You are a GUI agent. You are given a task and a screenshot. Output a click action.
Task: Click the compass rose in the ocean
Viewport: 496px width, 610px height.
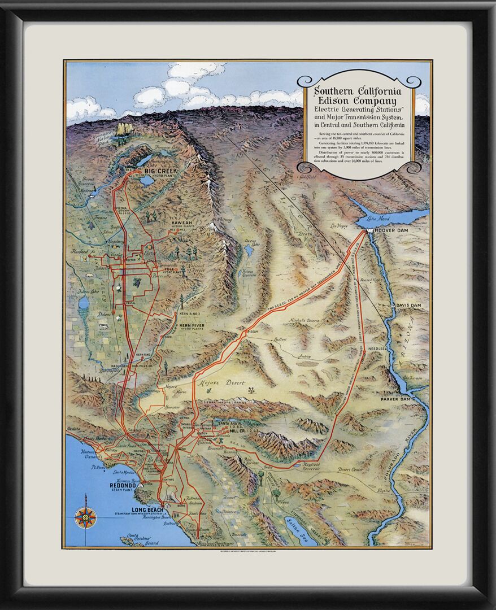tap(85, 517)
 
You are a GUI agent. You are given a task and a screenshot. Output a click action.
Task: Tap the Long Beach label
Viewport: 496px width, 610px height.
tap(147, 510)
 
